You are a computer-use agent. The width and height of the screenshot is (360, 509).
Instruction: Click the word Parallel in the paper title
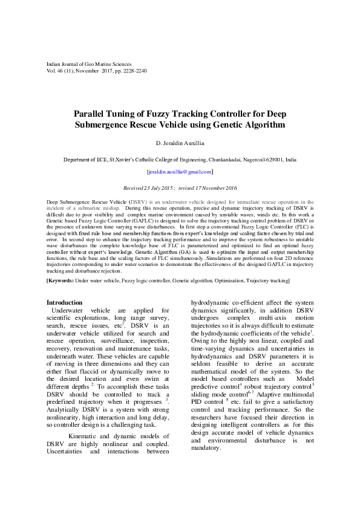pos(93,114)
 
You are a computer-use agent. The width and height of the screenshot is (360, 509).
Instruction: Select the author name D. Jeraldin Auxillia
pos(179,143)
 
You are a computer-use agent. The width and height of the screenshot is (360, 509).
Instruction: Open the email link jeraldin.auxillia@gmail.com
pos(180,172)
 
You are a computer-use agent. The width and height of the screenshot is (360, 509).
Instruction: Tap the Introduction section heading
pos(64,302)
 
